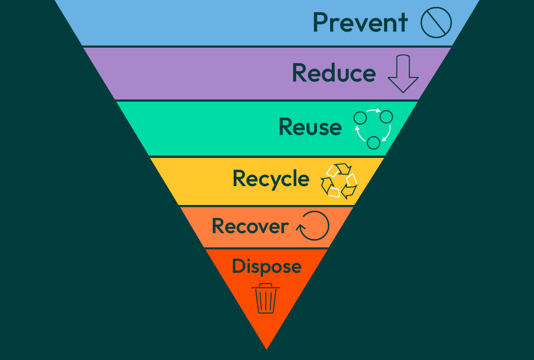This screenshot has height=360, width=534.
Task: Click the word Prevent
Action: [360, 22]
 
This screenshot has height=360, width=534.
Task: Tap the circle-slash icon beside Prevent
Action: [436, 23]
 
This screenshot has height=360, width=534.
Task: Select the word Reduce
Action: [334, 73]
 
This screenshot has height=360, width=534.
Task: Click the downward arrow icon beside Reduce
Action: [403, 73]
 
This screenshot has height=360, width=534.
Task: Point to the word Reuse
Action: [309, 126]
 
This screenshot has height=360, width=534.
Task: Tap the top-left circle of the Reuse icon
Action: [360, 118]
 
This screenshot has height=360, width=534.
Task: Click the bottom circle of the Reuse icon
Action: [373, 142]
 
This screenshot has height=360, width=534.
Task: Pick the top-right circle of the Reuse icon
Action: [386, 117]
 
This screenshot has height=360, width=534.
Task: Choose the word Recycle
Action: [270, 179]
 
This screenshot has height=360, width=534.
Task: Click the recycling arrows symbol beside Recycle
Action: [339, 180]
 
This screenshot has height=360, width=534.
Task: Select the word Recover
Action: [250, 226]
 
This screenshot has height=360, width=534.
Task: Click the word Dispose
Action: [266, 266]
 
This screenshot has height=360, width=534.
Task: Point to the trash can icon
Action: [266, 298]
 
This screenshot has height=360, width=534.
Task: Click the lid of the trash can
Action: [266, 286]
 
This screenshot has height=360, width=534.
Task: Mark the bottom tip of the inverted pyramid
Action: [266, 348]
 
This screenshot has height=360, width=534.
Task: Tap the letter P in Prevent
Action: [321, 22]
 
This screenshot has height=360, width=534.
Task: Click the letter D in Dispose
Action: [238, 266]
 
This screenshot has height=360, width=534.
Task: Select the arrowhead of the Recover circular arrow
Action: [300, 228]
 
